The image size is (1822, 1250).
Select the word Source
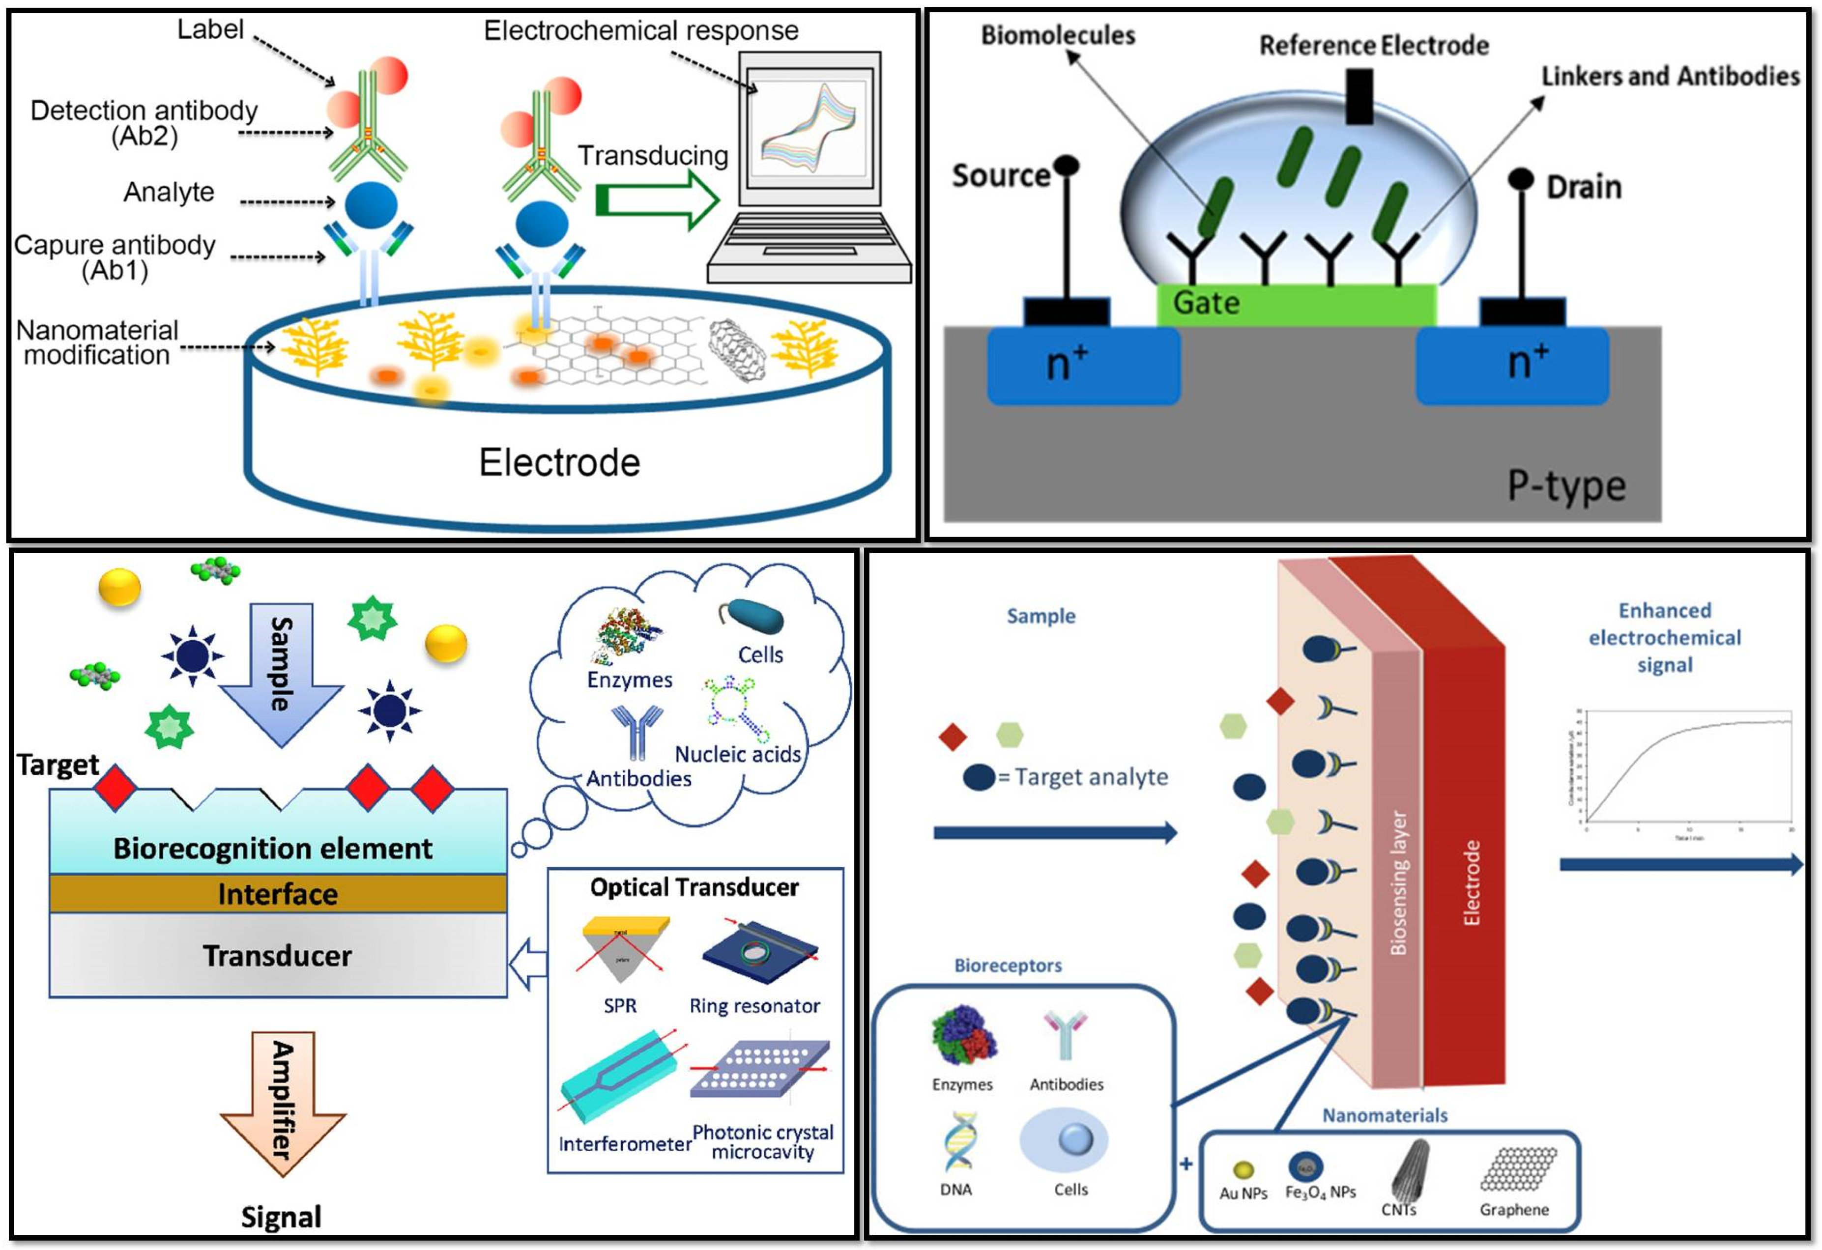pyautogui.click(x=1000, y=175)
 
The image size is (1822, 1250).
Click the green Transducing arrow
pyautogui.click(x=657, y=200)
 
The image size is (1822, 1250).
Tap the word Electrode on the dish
pyautogui.click(x=559, y=462)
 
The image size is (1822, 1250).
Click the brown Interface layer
pyautogui.click(x=278, y=893)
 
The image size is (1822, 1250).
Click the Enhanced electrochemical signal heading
pyautogui.click(x=1664, y=637)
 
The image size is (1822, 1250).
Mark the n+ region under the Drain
pyautogui.click(x=1511, y=365)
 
